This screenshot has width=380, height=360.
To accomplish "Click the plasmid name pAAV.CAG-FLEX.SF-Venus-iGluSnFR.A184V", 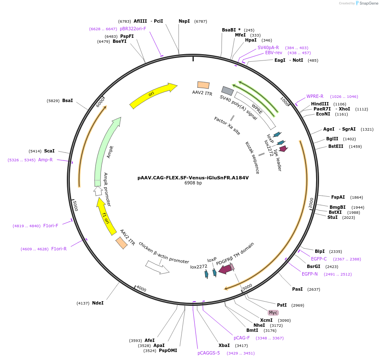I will point(193,177).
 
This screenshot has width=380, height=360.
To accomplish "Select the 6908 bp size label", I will point(193,183).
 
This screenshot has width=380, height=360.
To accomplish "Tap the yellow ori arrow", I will point(153,96).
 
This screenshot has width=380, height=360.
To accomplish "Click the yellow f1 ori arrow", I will point(106,216).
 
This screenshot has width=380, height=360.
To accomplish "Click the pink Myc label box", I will point(273,313).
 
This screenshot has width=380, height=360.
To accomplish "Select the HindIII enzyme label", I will point(320,104).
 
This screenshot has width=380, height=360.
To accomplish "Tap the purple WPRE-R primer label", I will point(315,96).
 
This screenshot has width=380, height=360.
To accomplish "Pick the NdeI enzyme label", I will point(98,303).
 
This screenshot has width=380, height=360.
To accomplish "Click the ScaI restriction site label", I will point(49,151).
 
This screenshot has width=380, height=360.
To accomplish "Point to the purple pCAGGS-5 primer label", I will point(208,353).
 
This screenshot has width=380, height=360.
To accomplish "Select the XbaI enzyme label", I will point(224,345).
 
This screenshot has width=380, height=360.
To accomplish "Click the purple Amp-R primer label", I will point(45,160).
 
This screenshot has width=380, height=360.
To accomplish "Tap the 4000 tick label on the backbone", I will point(141,289).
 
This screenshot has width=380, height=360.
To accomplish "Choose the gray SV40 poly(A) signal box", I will point(227,91).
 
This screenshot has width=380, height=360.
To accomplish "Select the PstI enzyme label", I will point(282,305).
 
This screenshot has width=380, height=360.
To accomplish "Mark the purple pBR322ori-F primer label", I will point(133,29).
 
